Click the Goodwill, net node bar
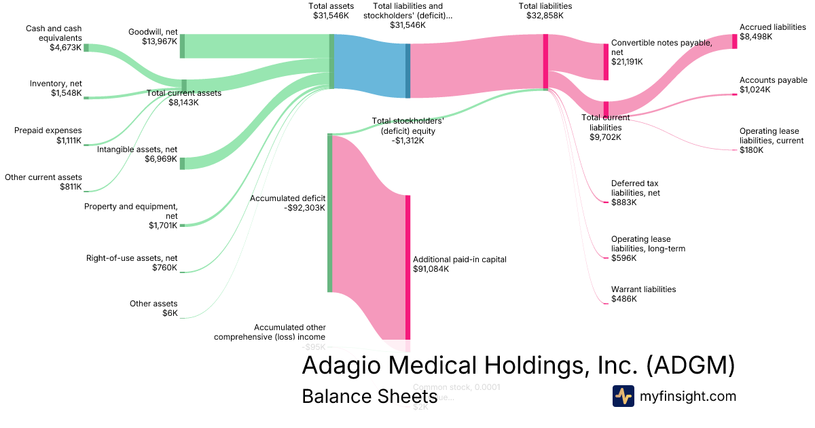(x=182, y=46)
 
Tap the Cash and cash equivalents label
(x=54, y=33)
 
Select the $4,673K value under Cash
(x=65, y=48)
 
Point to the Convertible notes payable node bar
(x=606, y=62)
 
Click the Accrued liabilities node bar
(x=734, y=41)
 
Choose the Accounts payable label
(x=773, y=80)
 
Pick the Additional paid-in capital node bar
(x=408, y=266)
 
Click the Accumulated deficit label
(x=287, y=198)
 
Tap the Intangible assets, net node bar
(x=182, y=162)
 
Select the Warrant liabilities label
(x=643, y=289)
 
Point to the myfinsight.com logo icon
(x=623, y=396)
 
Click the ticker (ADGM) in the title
(x=690, y=365)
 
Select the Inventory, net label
(x=56, y=84)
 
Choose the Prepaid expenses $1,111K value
(x=69, y=141)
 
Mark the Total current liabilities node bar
(x=606, y=109)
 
